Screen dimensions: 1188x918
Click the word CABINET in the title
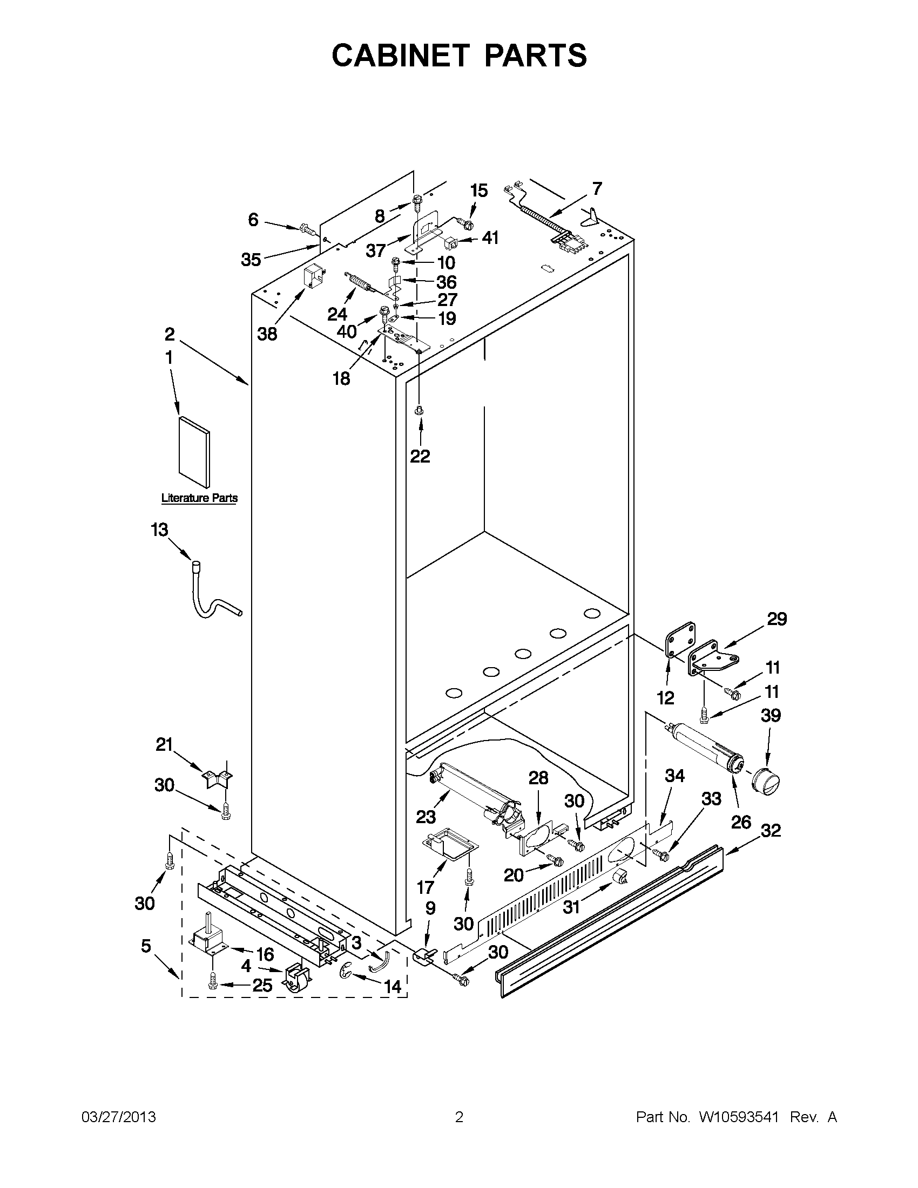click(x=400, y=56)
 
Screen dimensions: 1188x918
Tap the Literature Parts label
click(x=199, y=498)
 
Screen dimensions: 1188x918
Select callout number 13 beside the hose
click(x=159, y=529)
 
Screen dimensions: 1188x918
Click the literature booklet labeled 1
click(x=194, y=452)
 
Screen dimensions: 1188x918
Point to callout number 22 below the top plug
click(x=420, y=456)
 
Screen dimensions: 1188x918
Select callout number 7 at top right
click(x=597, y=189)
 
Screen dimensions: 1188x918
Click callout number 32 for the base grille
click(x=771, y=830)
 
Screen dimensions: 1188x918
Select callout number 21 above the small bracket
click(x=164, y=744)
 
